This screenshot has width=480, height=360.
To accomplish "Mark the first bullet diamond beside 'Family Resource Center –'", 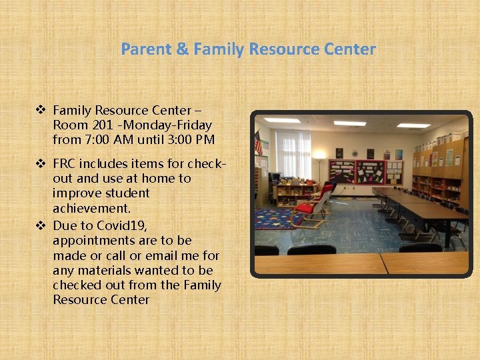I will coord(41,110).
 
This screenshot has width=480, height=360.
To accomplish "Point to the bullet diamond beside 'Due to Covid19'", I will coord(41,225).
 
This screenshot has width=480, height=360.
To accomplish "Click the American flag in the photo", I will coord(258,143).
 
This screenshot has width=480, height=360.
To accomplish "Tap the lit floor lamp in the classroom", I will coord(320,157).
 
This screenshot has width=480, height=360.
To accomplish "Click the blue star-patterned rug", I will coord(280,217).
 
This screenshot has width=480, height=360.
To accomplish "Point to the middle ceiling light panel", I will coord(349,123).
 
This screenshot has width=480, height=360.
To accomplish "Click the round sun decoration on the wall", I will coord(354,153).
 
